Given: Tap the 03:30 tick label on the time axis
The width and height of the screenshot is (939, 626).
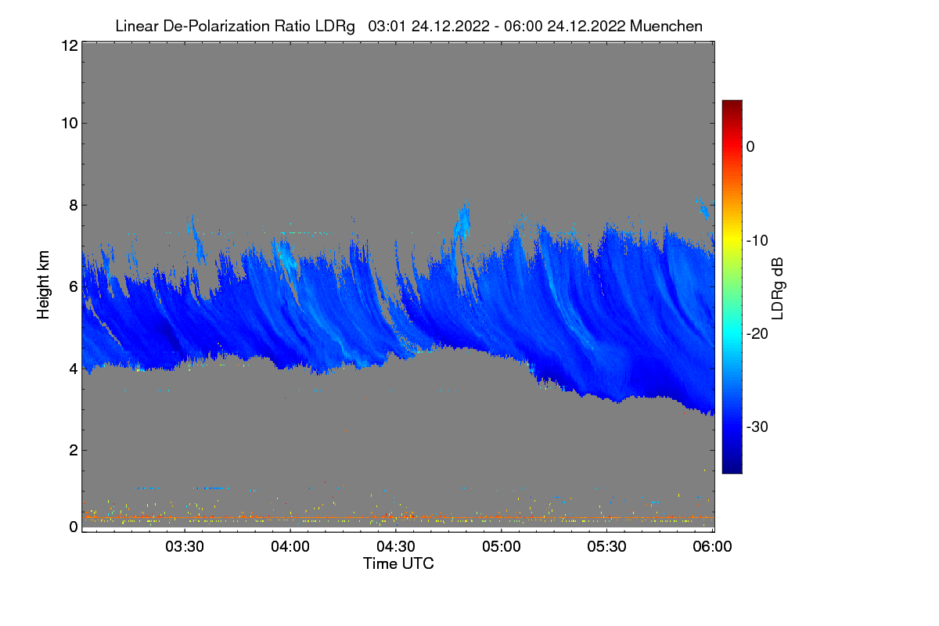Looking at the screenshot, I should pos(185,546).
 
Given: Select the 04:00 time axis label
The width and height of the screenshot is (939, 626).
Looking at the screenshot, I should pos(290,546).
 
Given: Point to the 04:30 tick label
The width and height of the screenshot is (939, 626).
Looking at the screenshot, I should pos(396,546).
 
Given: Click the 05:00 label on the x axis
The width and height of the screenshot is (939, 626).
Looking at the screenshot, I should pos(502,546).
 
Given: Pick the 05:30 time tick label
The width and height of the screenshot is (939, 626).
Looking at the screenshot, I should pos(607,546).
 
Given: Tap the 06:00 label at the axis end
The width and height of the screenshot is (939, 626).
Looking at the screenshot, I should pos(713,546).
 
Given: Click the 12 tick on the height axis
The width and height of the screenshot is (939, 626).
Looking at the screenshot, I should pos(69,45).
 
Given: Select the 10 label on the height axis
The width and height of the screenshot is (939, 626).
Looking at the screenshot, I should pos(69,123).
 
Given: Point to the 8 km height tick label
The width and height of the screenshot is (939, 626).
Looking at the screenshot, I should pos(73,205).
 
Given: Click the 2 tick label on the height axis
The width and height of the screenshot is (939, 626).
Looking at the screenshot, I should pos(73,450).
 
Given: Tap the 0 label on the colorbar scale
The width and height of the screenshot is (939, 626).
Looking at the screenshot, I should pos(750,146).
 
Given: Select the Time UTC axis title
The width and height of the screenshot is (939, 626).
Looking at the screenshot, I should pos(398,563).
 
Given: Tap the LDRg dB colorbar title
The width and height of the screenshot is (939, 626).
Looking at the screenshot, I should pos(778,287).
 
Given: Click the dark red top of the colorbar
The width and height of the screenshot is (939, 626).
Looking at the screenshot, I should pos(732,105).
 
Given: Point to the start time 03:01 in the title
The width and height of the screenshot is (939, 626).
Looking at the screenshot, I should pos(387,26).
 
